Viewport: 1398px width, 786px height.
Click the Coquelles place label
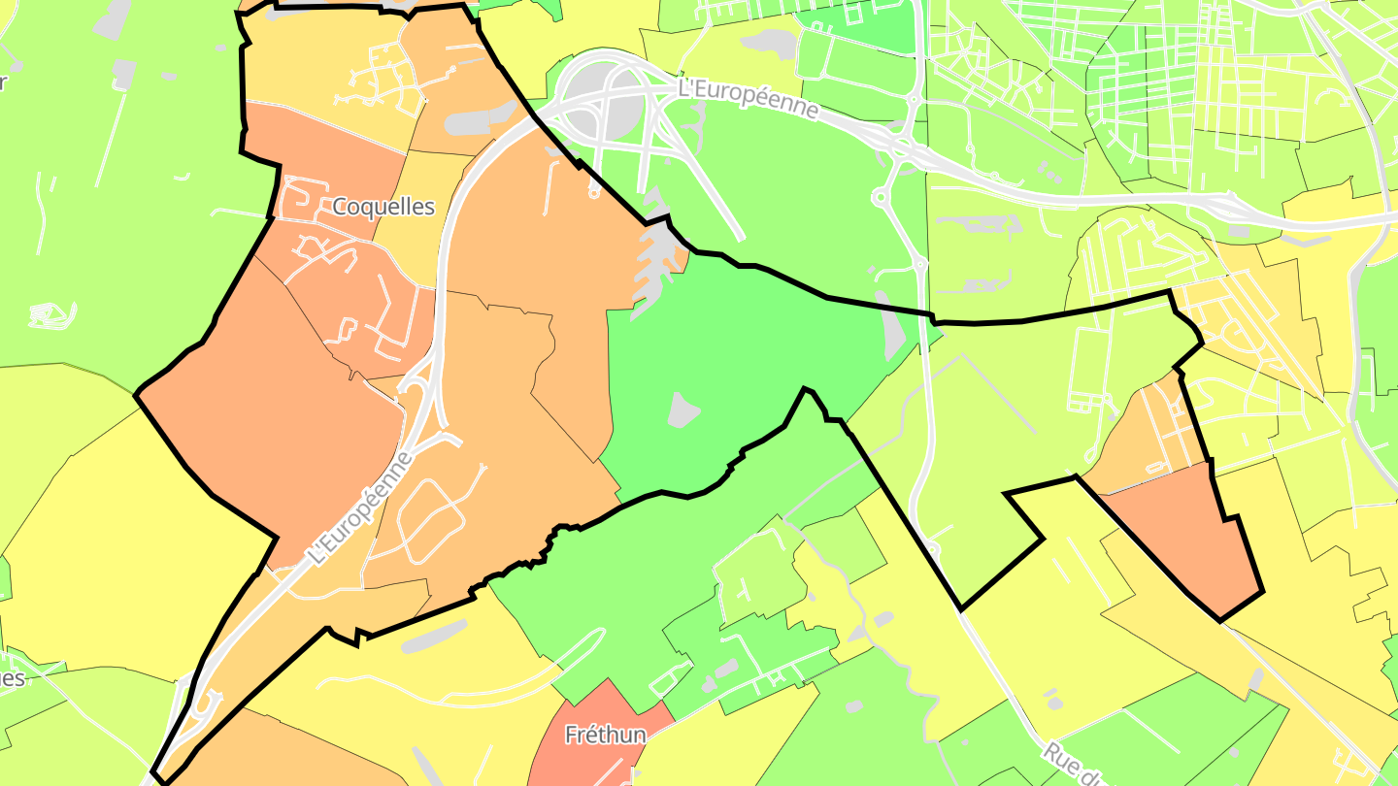383,207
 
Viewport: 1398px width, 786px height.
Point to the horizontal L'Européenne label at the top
748,97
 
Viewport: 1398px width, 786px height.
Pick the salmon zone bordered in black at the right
1184,539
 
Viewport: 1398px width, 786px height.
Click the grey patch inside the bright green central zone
683,409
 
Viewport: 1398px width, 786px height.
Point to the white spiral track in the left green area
52,314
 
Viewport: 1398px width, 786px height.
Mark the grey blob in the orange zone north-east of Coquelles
476,120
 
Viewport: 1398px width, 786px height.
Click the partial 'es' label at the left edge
12,677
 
